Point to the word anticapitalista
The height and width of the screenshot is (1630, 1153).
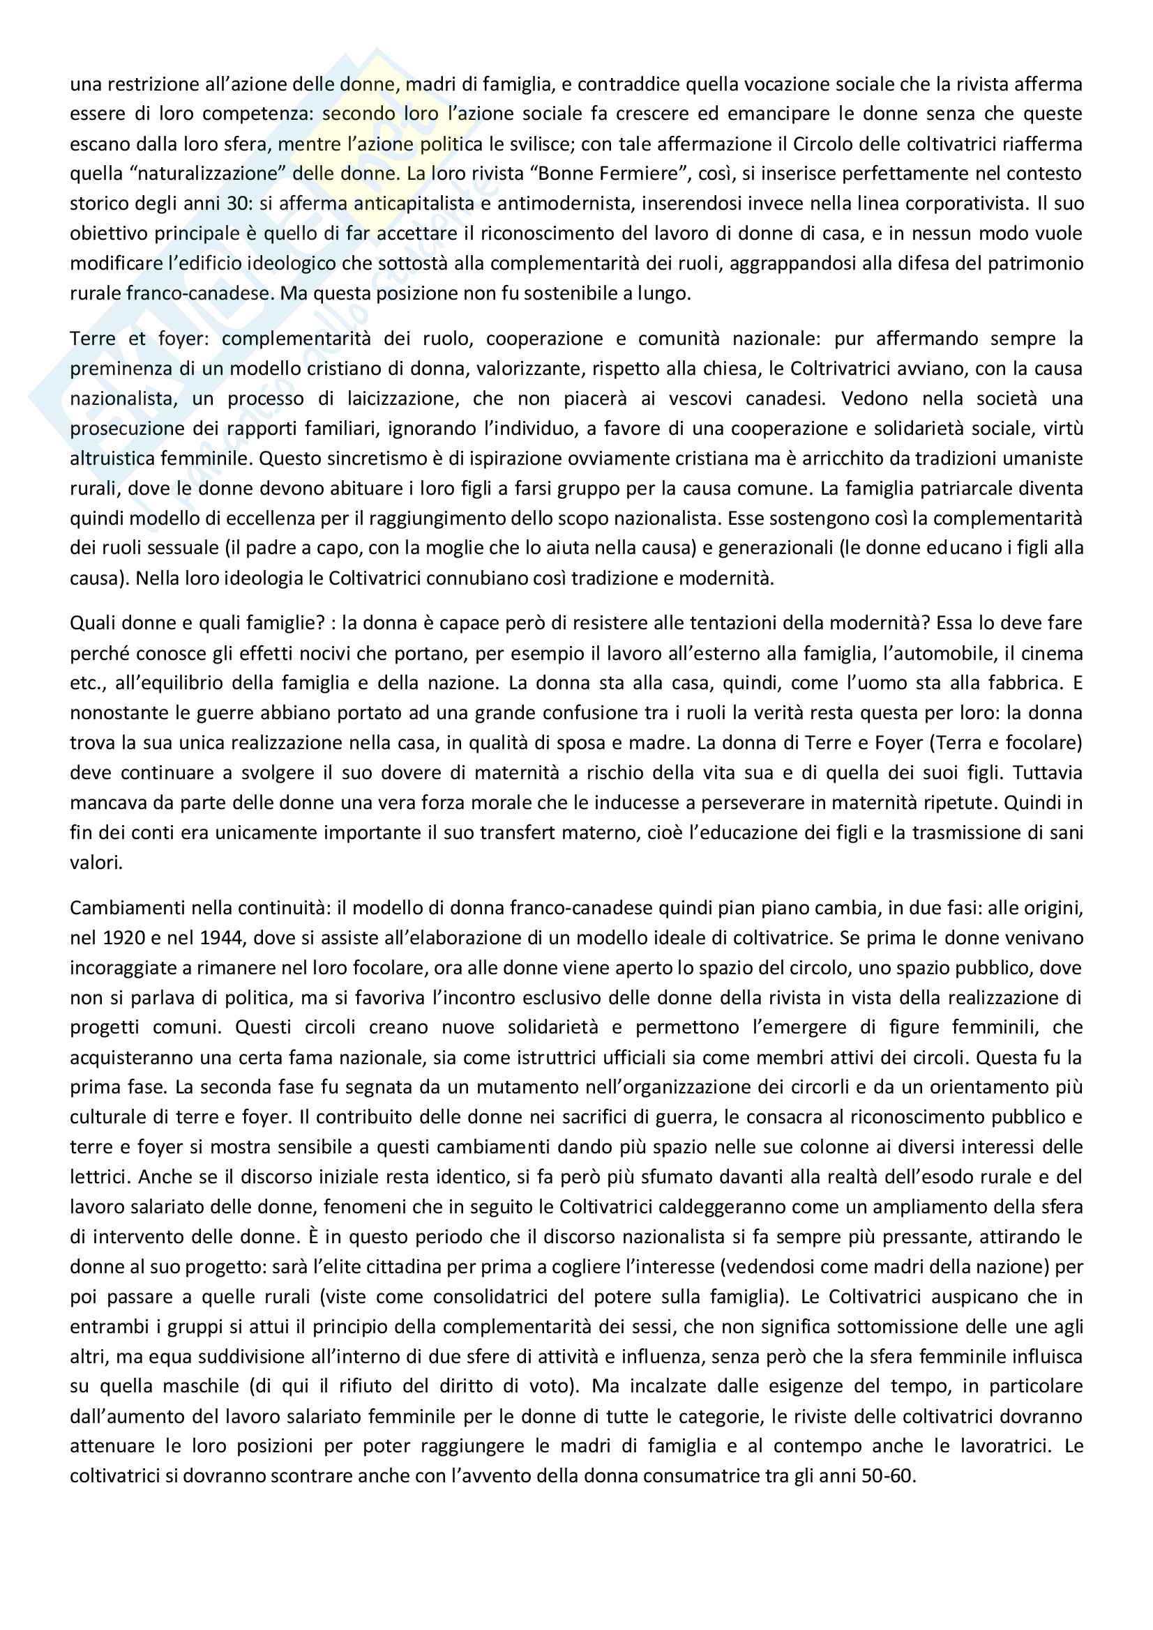click(414, 203)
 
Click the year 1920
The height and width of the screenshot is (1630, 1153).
click(126, 938)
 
